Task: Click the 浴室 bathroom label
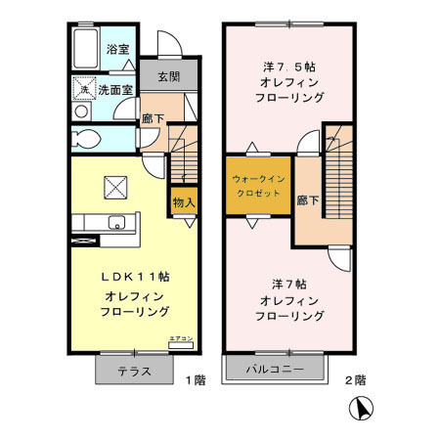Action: pos(118,49)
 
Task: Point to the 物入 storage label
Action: pos(183,202)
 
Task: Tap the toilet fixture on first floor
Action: pos(84,137)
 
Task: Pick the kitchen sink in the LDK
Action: pos(115,220)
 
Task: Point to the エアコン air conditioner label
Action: pos(181,338)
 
